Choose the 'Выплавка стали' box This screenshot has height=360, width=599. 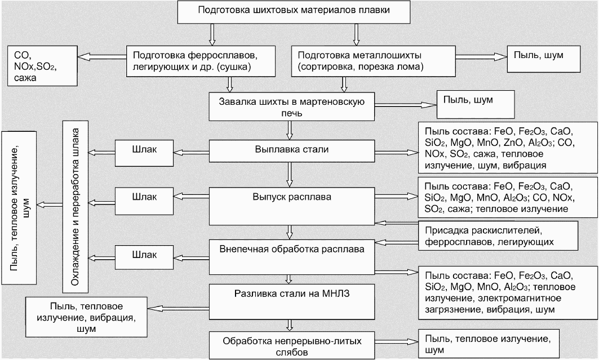pos(292,150)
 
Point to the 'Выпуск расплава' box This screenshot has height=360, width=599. pos(292,205)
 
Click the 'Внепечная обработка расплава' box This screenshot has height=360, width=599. pos(292,255)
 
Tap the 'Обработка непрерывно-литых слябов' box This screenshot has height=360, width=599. pos(292,346)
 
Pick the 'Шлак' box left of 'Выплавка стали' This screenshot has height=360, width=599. pos(144,150)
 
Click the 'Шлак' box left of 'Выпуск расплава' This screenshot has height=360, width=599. pos(144,198)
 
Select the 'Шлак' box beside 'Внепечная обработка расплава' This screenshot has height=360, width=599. pos(144,255)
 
